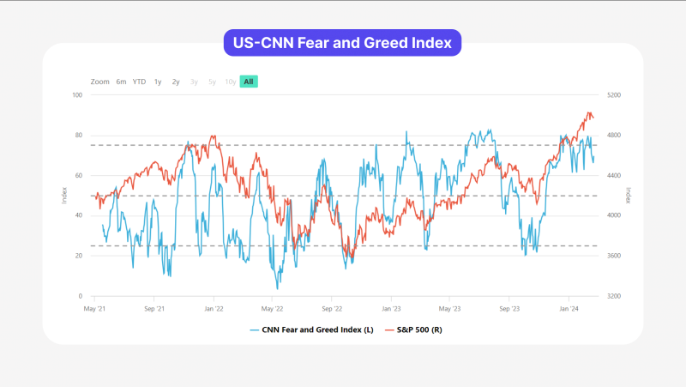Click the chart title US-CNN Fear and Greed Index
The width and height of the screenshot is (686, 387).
[x=342, y=42]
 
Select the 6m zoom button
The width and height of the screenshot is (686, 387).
[x=121, y=82]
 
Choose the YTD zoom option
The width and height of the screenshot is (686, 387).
[x=139, y=82]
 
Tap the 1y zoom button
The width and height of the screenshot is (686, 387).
[x=158, y=82]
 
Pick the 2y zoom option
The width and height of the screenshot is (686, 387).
[x=176, y=82]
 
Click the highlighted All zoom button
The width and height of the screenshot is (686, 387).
[x=248, y=82]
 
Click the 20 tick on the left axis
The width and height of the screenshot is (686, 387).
[x=78, y=256]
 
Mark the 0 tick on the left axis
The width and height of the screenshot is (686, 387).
[x=81, y=296]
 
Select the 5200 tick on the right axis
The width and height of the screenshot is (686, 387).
[x=615, y=94]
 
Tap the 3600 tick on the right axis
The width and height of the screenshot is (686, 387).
[x=615, y=256]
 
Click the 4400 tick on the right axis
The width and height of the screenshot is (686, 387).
[x=615, y=175]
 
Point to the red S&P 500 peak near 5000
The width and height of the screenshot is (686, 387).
[x=589, y=112]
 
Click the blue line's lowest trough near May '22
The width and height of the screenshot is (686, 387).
[x=277, y=288]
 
